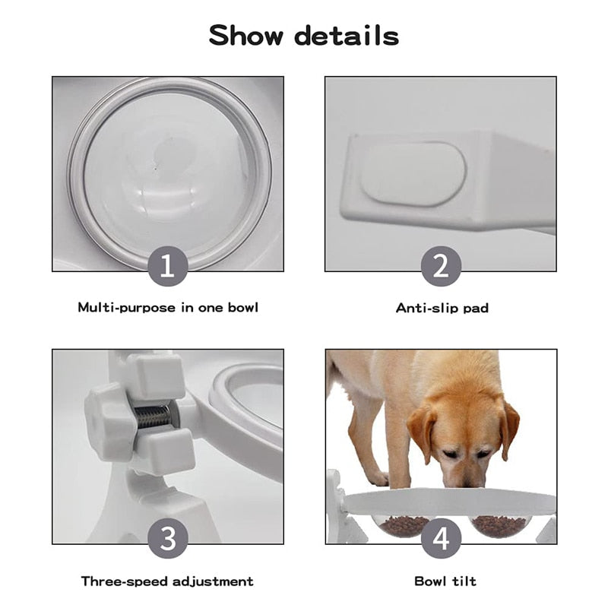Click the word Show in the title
[245, 36]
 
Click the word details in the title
[347, 36]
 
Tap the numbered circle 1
[168, 266]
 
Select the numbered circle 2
[441, 266]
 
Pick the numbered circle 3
[168, 538]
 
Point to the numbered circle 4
[441, 538]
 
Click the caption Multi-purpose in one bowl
[168, 308]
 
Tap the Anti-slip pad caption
[442, 308]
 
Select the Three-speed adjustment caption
[167, 581]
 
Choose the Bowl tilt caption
[445, 581]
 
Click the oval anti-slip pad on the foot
[413, 173]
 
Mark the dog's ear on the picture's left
[422, 433]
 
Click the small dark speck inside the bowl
[157, 169]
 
